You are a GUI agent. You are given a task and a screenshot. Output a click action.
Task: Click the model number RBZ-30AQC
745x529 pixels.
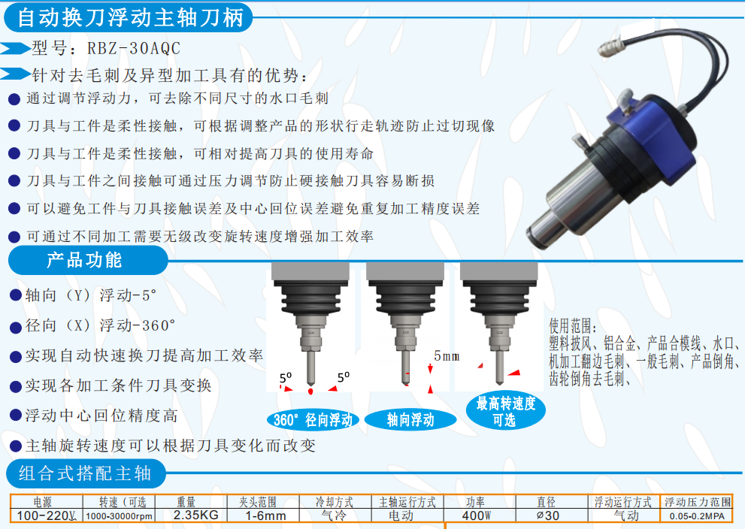(x=134, y=48)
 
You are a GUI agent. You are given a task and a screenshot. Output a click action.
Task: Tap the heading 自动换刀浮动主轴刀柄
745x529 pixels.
(x=131, y=17)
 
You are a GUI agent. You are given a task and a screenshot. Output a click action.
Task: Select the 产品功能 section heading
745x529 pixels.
(x=84, y=260)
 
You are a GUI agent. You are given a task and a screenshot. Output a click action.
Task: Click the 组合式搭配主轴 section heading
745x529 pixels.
(x=85, y=473)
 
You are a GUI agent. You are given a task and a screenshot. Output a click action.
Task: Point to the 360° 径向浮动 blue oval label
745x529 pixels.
(x=313, y=420)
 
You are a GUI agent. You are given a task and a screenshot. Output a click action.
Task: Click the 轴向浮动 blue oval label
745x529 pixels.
(x=410, y=420)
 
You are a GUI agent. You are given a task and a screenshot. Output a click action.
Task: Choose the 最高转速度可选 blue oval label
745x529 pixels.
(x=505, y=411)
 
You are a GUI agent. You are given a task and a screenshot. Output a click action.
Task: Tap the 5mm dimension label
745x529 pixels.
(x=447, y=356)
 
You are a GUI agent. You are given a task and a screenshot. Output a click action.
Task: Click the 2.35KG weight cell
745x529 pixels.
(x=195, y=515)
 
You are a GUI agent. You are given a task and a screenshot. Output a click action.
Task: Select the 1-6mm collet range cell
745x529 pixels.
(x=265, y=515)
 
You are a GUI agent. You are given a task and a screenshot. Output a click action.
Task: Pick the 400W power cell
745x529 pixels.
(x=476, y=515)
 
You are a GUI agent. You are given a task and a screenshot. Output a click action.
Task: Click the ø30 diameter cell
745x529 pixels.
(x=548, y=515)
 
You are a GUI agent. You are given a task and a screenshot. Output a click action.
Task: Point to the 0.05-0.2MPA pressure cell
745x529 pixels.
(x=697, y=516)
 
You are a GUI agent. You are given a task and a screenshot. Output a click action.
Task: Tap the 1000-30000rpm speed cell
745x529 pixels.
(x=120, y=516)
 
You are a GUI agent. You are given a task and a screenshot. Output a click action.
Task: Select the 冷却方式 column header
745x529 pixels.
(x=335, y=502)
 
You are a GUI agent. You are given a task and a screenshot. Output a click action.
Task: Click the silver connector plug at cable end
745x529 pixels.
(x=610, y=46)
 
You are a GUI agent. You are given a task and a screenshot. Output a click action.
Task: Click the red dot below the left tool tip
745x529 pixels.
(x=310, y=391)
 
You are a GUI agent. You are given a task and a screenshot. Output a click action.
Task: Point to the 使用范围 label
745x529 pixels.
(x=572, y=326)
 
